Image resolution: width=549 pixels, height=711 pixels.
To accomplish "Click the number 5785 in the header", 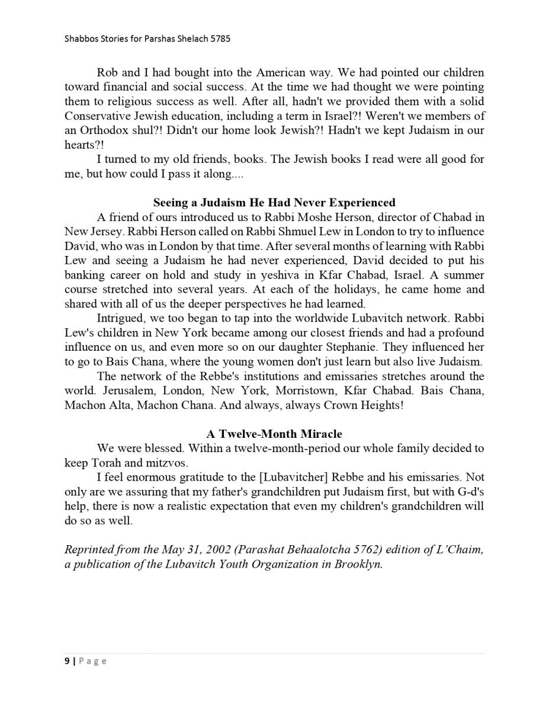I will coord(219,39).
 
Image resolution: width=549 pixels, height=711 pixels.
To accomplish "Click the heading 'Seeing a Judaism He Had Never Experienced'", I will coord(274,203).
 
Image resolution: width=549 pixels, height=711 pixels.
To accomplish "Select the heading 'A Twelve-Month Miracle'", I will coord(274,434).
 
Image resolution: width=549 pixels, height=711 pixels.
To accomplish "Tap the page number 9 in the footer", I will coord(67,661).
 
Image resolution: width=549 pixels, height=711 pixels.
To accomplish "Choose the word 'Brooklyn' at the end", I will coord(358,564).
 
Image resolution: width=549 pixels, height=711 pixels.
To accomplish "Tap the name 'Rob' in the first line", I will coord(107,73).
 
